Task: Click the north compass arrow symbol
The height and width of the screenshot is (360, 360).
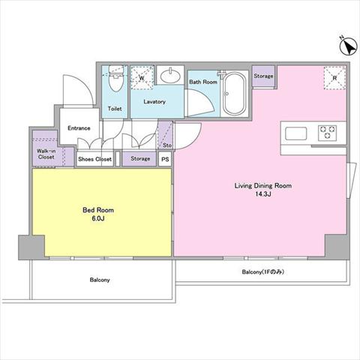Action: [348, 46]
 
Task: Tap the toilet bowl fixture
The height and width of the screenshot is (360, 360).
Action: [116, 78]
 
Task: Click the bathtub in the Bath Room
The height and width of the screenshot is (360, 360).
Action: [234, 94]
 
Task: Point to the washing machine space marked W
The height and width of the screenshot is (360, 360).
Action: [142, 77]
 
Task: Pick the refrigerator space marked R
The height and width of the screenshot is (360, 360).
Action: [335, 78]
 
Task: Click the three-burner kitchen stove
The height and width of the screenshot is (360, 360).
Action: [328, 133]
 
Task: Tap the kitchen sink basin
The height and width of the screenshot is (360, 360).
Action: [296, 133]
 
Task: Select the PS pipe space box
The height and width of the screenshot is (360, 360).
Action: [165, 159]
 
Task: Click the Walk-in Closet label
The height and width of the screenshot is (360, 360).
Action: [46, 154]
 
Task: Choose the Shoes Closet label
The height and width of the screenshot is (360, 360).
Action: [94, 159]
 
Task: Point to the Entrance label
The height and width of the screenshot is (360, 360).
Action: [79, 128]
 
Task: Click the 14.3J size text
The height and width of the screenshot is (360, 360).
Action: [263, 194]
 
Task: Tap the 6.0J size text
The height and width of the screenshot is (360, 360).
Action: [98, 218]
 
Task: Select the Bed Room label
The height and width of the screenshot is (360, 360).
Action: [98, 210]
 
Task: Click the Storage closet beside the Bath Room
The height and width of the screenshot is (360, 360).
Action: [263, 76]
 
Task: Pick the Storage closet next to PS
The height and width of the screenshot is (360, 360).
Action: [140, 159]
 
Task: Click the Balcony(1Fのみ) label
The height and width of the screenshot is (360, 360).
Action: [263, 271]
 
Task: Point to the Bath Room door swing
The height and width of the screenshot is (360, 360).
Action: [200, 103]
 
